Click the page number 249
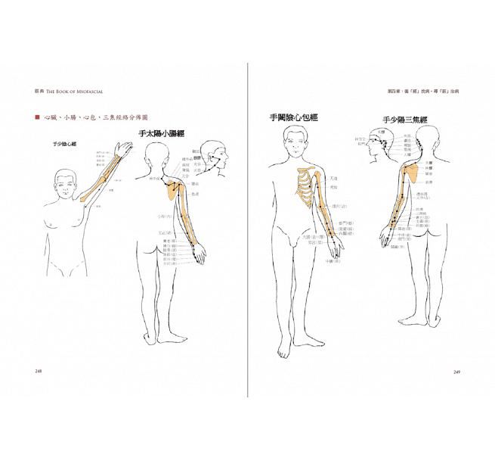coord(457,372)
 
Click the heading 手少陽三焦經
coord(404,120)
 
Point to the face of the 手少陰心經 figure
coord(67,183)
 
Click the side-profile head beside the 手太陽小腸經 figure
coord(217,154)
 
